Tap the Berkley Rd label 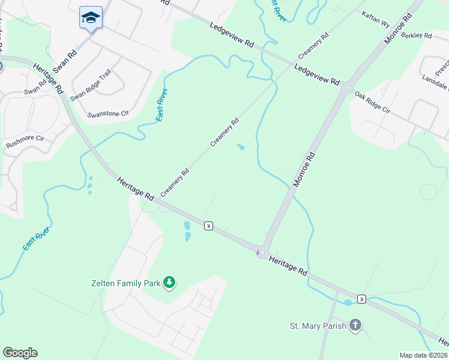(417, 35)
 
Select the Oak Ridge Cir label (372, 103)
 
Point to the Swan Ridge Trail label (91, 85)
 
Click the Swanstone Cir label (109, 113)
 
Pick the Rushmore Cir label (25, 142)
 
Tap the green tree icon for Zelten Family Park (170, 282)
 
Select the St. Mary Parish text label (318, 326)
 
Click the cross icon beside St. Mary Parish (355, 326)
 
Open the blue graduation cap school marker (91, 17)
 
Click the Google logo (20, 353)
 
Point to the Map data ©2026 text (423, 355)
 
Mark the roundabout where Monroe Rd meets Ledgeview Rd (348, 88)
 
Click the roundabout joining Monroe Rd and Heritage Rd (262, 252)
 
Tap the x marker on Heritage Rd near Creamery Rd (208, 226)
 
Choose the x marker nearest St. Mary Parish (361, 299)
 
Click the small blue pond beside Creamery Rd (241, 147)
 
